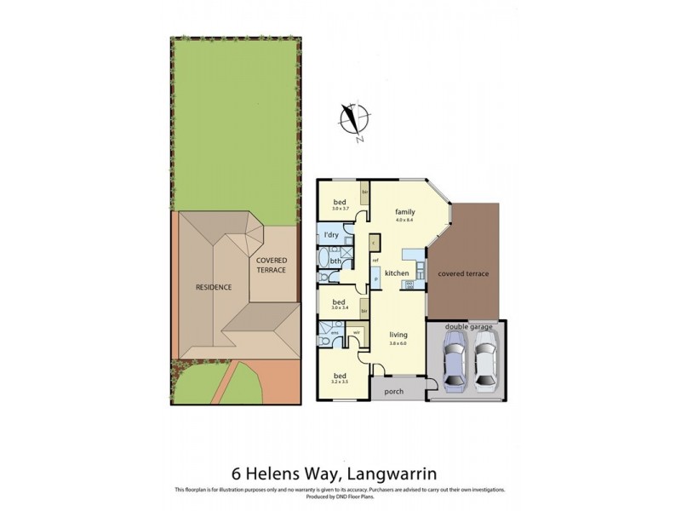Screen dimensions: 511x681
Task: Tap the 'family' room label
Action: tap(404, 211)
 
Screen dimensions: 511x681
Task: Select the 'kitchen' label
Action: tap(398, 273)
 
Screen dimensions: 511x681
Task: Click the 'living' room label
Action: tap(398, 335)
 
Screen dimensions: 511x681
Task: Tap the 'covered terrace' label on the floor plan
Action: tap(463, 274)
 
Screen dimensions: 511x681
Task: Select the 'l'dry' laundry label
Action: tap(330, 235)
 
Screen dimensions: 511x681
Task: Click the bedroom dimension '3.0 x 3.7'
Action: tap(340, 209)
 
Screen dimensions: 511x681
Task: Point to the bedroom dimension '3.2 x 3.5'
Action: tap(340, 381)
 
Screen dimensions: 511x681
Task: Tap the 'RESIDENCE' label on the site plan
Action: tap(214, 287)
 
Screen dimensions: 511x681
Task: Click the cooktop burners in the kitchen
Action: tap(408, 284)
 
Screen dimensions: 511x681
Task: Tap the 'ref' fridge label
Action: tap(375, 259)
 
